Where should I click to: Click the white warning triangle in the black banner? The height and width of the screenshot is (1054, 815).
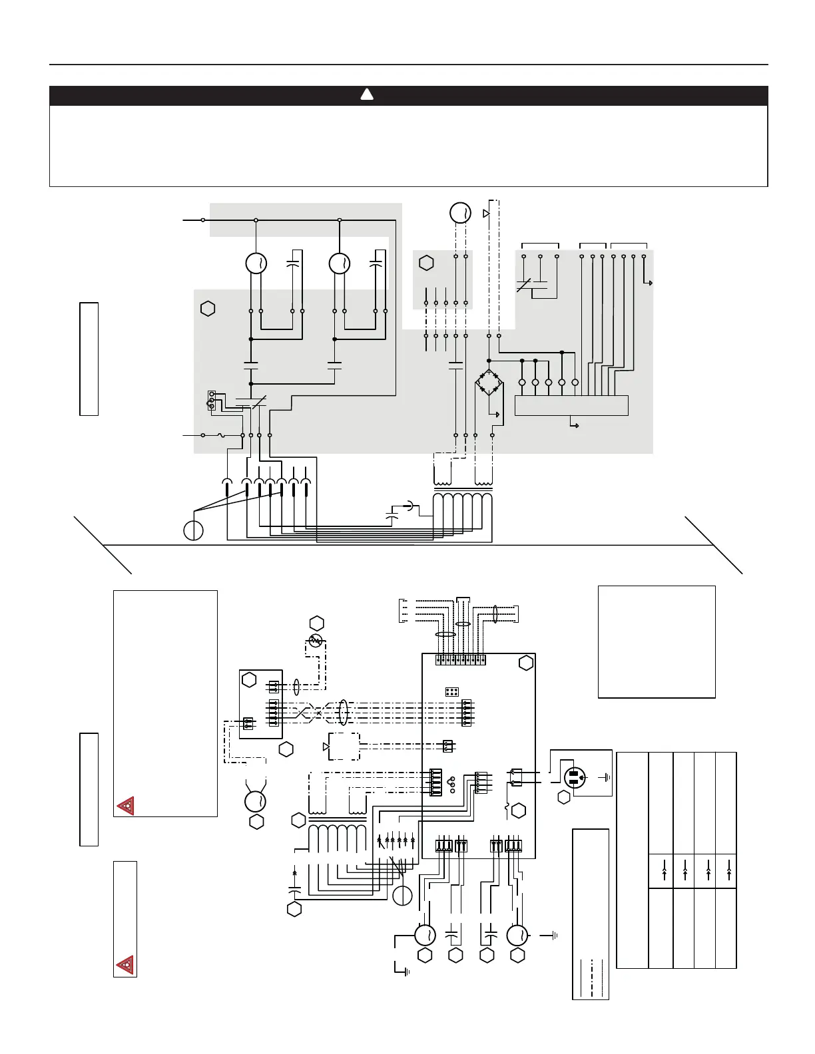pos(367,95)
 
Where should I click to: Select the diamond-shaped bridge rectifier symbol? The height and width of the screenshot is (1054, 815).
pos(489,383)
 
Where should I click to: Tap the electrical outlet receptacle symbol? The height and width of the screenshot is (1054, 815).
pos(575,777)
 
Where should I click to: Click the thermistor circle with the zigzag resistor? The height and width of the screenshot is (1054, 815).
pos(316,641)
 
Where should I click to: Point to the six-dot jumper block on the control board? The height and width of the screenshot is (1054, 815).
pos(451,691)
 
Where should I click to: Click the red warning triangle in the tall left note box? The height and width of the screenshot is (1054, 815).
pos(125,806)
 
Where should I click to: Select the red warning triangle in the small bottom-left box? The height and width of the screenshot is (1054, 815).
pos(125,964)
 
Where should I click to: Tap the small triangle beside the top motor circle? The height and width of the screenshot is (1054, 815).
pos(486,213)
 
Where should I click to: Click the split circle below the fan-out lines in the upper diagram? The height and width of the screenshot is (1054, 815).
pos(193,531)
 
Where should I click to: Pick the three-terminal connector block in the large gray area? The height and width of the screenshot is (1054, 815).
pos(212,399)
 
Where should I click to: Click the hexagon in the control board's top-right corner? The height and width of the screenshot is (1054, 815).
pos(526,663)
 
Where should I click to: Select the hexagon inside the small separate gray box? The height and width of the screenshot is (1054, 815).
pos(426,263)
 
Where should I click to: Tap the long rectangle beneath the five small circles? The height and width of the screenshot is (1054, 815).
pos(571,405)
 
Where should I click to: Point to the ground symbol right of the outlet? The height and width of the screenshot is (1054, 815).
pos(607,777)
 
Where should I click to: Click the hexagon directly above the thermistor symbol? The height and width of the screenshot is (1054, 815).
pos(316,623)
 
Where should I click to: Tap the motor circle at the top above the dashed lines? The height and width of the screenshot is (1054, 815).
pos(460,213)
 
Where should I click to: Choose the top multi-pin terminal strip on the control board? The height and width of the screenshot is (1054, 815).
pos(461,659)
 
